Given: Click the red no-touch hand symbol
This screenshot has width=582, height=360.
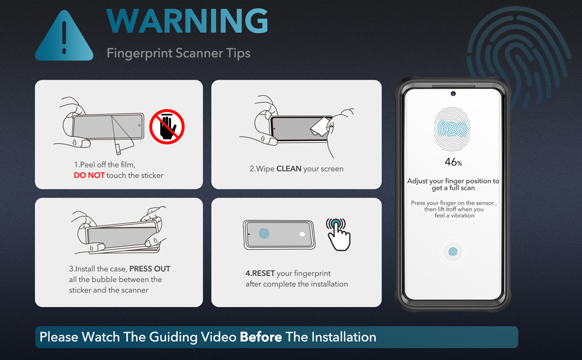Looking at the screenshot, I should click(x=166, y=127).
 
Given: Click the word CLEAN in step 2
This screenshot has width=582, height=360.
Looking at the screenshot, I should click(x=289, y=169).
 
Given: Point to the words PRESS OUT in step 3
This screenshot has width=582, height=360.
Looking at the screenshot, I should click(x=150, y=269).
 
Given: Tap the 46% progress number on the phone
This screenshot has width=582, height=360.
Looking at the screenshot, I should click(x=453, y=162).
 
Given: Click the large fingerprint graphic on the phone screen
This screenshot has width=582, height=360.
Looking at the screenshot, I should click(x=452, y=128).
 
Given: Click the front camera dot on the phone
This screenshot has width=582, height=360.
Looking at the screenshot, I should click(x=453, y=93).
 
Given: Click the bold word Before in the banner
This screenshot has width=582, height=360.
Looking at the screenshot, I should click(x=261, y=337).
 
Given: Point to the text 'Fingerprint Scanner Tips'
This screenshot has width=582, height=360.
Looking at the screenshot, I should click(x=178, y=53).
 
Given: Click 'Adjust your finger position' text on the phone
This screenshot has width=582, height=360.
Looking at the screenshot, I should click(x=453, y=181).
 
